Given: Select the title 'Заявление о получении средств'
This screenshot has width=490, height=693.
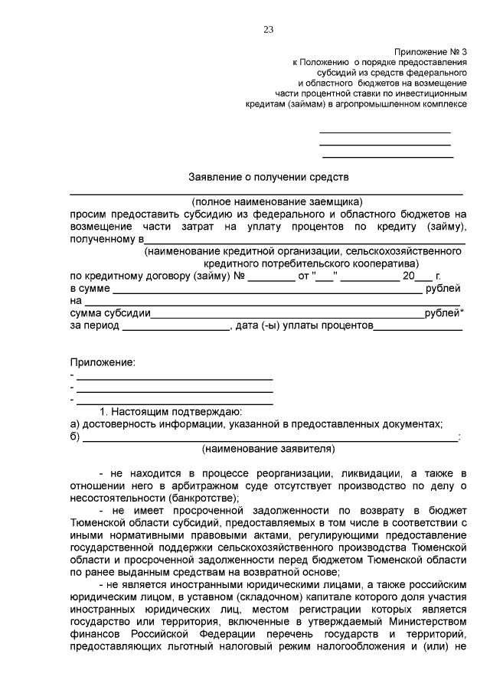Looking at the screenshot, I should pyautogui.click(x=268, y=176).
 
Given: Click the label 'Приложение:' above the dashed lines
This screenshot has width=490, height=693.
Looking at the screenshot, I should pyautogui.click(x=103, y=361).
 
